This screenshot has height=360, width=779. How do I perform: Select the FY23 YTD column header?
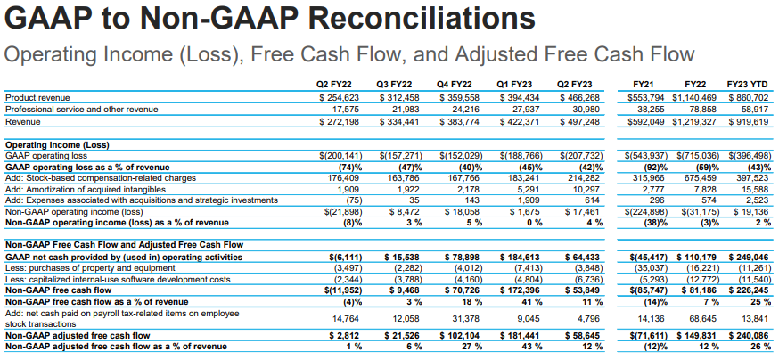750,84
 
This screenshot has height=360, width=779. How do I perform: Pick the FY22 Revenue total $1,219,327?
696,120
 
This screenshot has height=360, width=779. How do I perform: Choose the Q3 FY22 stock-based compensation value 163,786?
398,176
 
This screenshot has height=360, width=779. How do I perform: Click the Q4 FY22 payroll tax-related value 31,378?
463,318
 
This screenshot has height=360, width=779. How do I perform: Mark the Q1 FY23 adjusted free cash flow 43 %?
529,346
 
